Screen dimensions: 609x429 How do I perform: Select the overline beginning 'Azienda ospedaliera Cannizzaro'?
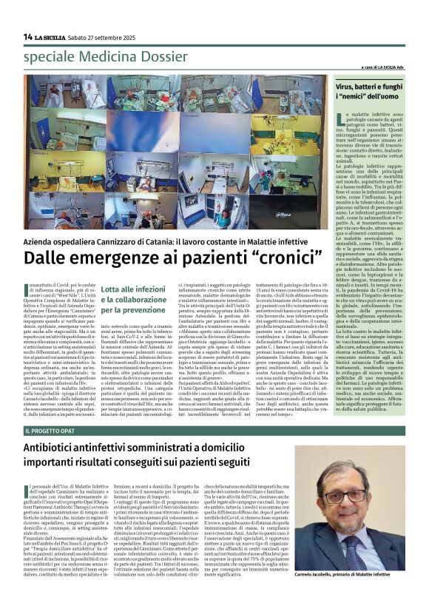167,242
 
